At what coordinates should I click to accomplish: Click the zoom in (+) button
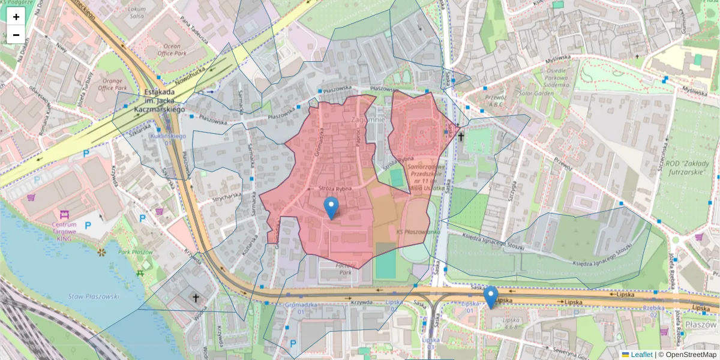[x=16, y=17]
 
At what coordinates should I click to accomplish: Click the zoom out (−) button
[x=16, y=35]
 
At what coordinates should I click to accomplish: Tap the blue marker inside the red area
[x=331, y=208]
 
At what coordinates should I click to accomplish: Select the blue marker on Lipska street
[x=491, y=296]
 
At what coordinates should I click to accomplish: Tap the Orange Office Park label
[x=113, y=85]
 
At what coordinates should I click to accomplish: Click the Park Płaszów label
[x=135, y=253]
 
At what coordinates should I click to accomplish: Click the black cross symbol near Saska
[x=461, y=137]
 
